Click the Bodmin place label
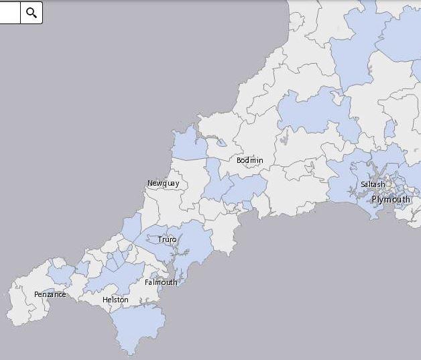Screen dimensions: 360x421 coord(249,160)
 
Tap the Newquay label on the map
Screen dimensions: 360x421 coord(163,183)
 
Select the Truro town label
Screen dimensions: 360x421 coord(167,239)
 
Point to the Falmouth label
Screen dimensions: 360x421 coord(161,282)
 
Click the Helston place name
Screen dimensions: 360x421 coord(115,300)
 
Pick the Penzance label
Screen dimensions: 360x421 coord(50,294)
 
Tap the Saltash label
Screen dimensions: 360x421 coord(373,184)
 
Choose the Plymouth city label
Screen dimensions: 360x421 coord(390,199)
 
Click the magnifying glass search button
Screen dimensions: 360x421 coord(32,13)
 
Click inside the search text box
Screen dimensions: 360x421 coord(9,13)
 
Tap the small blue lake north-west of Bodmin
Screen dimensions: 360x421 coord(221,142)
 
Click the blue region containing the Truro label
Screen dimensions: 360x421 coord(188,245)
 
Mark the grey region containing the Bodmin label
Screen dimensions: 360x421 coord(251,144)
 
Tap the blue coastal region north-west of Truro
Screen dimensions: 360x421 coord(131,227)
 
